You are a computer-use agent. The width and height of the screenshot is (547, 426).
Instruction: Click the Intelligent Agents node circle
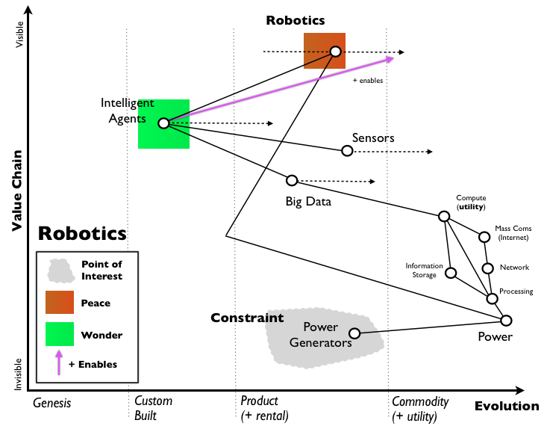(163, 123)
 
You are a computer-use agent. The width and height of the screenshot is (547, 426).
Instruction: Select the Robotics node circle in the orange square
(335, 52)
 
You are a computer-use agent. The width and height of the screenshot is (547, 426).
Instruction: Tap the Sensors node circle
(347, 151)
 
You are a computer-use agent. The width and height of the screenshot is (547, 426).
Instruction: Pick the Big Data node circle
(292, 180)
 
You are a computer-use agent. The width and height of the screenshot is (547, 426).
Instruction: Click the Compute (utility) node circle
(444, 216)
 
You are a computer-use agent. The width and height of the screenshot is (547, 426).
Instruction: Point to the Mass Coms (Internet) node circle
(484, 237)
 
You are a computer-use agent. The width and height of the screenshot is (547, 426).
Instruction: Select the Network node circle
(487, 268)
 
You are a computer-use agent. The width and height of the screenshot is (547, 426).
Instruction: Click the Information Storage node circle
(451, 273)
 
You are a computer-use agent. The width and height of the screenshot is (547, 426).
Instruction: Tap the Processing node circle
(492, 298)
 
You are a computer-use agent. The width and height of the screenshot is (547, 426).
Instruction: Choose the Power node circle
(506, 321)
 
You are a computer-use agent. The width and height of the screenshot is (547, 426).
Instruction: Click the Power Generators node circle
(354, 333)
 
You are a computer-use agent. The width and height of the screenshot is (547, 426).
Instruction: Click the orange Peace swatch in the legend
(60, 302)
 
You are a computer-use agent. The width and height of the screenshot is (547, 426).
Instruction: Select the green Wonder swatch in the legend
(60, 334)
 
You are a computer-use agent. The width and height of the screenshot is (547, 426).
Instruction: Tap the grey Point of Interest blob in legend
(59, 270)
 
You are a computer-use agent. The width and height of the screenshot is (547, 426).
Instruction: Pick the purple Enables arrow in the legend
(58, 365)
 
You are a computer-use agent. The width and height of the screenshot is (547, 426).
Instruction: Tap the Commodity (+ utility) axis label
(420, 408)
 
